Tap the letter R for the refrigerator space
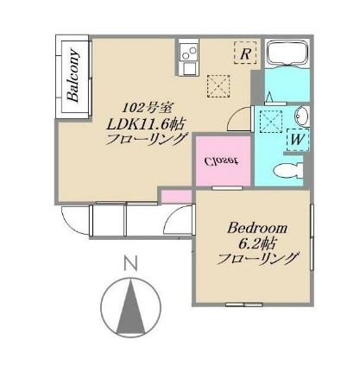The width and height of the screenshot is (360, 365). [246, 53]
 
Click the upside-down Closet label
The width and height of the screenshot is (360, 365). [221, 160]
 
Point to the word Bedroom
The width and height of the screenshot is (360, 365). [257, 228]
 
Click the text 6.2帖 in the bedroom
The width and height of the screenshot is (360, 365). [258, 243]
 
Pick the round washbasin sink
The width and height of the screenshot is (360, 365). [300, 116]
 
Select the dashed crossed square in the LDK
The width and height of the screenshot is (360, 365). [217, 85]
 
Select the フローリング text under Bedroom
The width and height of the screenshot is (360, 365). [258, 259]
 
